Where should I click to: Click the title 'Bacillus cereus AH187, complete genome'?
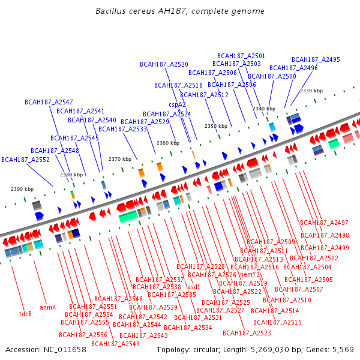click(x=180, y=11)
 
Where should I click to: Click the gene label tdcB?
click(x=25, y=314)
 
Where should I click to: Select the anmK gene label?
click(x=48, y=307)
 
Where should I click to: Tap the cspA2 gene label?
click(x=177, y=104)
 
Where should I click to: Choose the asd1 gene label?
click(x=194, y=287)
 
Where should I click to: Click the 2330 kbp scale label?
click(x=311, y=91)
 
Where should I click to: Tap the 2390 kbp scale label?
click(x=22, y=189)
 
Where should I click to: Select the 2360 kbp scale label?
click(x=167, y=143)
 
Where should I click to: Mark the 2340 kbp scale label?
click(x=264, y=109)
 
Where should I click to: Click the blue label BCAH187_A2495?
click(x=316, y=59)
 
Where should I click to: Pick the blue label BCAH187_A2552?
click(x=25, y=160)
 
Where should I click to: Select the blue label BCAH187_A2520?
click(x=164, y=64)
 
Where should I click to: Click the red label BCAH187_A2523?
click(x=247, y=333)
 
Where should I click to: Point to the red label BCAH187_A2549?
click(x=115, y=344)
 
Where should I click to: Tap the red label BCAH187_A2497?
click(x=324, y=223)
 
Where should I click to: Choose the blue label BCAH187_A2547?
click(x=49, y=102)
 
